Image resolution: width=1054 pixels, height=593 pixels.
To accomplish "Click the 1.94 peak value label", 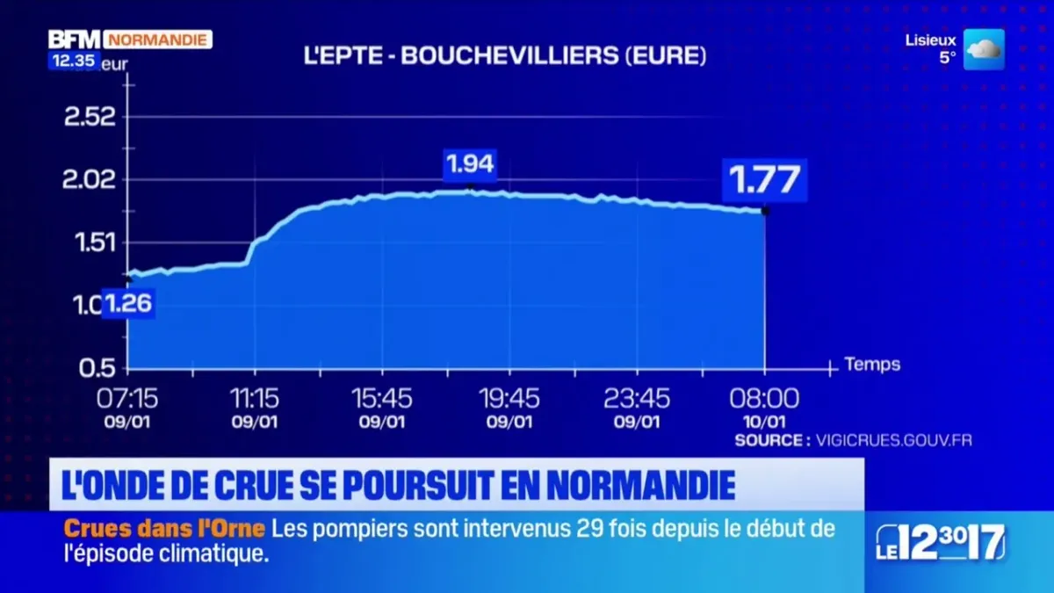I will pyautogui.click(x=470, y=164).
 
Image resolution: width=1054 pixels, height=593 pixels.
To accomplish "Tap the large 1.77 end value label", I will pyautogui.click(x=764, y=180).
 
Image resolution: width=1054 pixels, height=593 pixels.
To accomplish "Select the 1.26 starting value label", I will pyautogui.click(x=129, y=304).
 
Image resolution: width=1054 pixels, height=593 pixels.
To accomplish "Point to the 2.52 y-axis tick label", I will pyautogui.click(x=90, y=117).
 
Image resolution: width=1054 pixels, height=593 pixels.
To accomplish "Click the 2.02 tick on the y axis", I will pyautogui.click(x=90, y=180).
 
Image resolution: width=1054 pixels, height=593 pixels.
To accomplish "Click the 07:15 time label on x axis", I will pyautogui.click(x=127, y=399).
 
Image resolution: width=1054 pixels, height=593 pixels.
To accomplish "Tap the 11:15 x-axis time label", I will pyautogui.click(x=255, y=399).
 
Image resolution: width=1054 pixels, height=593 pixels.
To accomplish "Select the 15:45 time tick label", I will pyautogui.click(x=382, y=399).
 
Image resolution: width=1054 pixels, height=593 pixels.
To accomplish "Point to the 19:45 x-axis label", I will pyautogui.click(x=509, y=399).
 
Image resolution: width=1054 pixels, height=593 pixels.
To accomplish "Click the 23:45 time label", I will pyautogui.click(x=637, y=399).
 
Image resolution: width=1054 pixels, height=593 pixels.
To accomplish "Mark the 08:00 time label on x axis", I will pyautogui.click(x=764, y=399).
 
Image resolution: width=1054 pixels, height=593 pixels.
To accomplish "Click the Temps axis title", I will pyautogui.click(x=871, y=364).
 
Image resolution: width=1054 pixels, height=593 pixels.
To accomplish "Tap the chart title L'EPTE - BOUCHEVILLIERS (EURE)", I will pyautogui.click(x=504, y=56).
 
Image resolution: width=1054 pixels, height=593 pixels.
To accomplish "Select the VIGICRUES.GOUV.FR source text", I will pyautogui.click(x=893, y=440).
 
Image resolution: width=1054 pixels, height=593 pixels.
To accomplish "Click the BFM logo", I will pyautogui.click(x=74, y=40).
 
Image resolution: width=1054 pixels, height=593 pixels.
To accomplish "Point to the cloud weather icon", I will pyautogui.click(x=984, y=49).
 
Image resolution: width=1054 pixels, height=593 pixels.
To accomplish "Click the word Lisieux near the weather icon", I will pyautogui.click(x=930, y=40).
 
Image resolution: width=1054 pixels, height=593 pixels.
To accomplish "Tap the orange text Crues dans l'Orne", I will pyautogui.click(x=164, y=529).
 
